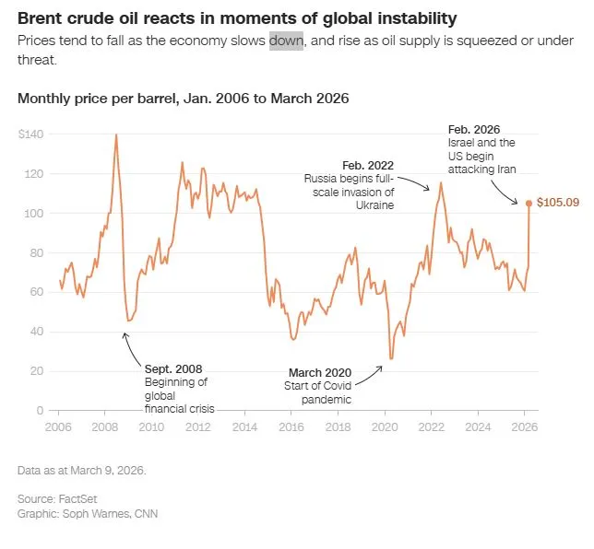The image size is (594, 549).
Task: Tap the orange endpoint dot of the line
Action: tap(529, 203)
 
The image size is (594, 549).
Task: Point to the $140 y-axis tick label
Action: tap(30, 134)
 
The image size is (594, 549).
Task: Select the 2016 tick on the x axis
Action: tap(291, 427)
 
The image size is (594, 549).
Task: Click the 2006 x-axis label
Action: tap(59, 427)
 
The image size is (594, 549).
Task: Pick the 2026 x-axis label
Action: tap(524, 427)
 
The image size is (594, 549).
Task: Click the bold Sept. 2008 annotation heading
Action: tap(173, 369)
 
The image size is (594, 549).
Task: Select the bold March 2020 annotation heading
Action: tap(319, 372)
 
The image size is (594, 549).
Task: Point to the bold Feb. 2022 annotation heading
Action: tap(368, 164)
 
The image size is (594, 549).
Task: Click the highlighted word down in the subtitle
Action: tap(286, 41)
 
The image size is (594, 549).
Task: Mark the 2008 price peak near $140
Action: tap(115, 134)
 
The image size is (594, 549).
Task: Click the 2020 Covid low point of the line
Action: tap(391, 358)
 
